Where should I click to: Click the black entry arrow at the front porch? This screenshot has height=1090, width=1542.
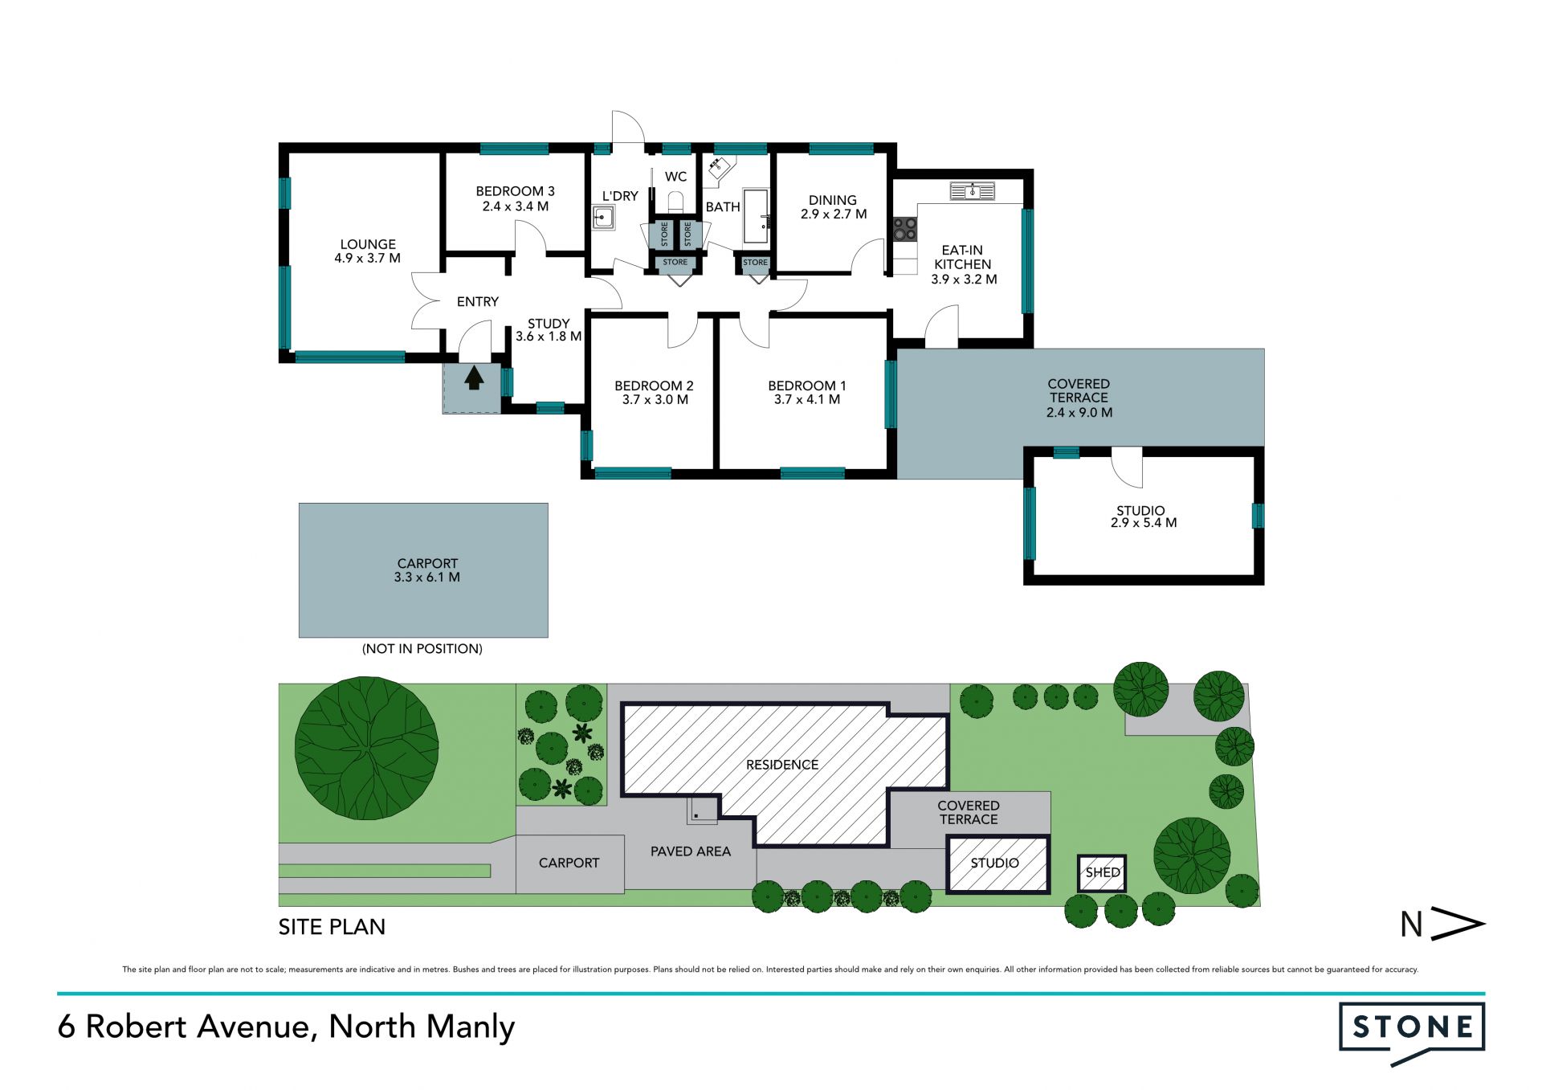(x=474, y=378)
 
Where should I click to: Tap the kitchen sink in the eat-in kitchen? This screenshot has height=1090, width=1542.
(x=972, y=191)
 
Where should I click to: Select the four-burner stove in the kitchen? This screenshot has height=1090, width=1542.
(x=905, y=229)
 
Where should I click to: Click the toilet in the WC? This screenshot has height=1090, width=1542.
(x=675, y=202)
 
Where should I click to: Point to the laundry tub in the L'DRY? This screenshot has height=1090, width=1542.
(x=603, y=218)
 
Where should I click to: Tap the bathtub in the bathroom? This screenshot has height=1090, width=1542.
(x=756, y=216)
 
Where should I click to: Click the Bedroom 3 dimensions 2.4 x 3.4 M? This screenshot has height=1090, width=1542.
(x=516, y=206)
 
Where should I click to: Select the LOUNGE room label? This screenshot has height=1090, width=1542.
(x=368, y=244)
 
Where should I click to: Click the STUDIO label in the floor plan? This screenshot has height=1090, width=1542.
(x=1140, y=511)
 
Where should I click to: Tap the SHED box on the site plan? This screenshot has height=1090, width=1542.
(x=1102, y=873)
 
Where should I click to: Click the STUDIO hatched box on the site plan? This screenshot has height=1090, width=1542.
(x=998, y=864)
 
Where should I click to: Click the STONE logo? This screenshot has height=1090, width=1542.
(x=1412, y=1033)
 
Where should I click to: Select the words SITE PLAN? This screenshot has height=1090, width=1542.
(x=332, y=927)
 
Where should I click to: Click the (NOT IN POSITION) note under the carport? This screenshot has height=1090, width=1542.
(x=422, y=649)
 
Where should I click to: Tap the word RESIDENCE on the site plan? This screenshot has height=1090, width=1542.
(x=782, y=765)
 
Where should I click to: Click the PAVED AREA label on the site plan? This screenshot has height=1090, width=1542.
(x=691, y=851)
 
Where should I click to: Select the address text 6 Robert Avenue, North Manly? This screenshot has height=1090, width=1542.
(x=286, y=1027)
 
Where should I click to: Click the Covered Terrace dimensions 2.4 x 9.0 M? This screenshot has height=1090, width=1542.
(x=1079, y=413)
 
